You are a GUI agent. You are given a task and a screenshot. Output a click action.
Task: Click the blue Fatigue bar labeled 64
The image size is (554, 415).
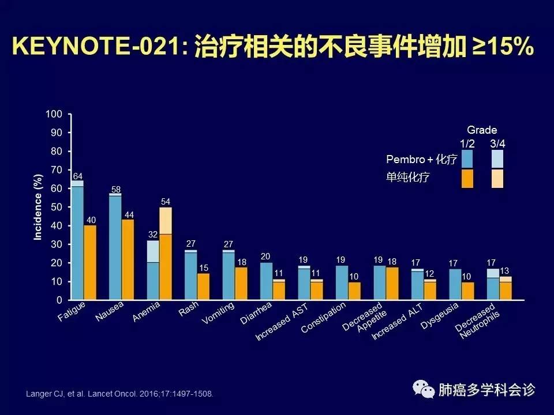[77, 242]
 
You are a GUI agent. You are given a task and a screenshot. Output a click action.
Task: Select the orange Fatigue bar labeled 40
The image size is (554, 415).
[90, 262]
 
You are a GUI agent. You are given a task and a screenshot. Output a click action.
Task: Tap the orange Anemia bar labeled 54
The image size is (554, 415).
[166, 254]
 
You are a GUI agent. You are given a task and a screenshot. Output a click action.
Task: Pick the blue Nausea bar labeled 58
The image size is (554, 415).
[115, 248]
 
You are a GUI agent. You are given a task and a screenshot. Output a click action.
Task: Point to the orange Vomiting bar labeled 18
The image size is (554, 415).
[241, 283]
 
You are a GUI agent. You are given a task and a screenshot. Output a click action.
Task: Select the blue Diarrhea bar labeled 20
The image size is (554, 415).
[266, 281]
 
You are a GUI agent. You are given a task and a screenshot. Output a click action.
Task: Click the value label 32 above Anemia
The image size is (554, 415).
[152, 235]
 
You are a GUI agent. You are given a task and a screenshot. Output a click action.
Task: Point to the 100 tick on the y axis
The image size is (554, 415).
[53, 114]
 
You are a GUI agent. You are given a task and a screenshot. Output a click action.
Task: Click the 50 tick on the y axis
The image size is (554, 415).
[55, 207]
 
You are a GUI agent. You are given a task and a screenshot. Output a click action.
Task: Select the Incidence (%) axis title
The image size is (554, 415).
[38, 207]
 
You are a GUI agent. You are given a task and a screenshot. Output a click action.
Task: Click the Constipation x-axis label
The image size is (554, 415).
[324, 316]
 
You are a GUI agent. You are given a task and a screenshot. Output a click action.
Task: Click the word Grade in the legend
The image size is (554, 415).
[481, 130]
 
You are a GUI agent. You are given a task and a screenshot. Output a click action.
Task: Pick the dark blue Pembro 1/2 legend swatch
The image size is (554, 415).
[467, 159]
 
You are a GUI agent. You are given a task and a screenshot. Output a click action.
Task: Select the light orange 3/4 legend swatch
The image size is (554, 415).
[497, 179]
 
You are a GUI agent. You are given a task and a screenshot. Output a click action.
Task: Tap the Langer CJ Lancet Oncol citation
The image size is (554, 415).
[120, 394]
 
